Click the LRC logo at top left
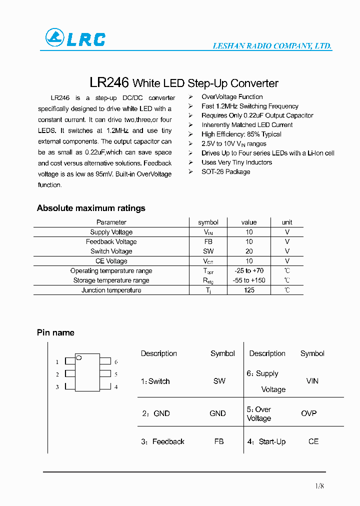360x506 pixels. [75, 38]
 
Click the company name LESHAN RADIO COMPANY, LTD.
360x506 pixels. [272, 46]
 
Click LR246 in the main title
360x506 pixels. [109, 82]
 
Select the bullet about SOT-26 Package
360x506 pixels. [225, 171]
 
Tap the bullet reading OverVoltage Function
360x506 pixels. [232, 96]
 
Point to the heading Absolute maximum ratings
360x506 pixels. [91, 208]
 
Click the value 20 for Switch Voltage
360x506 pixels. [249, 251]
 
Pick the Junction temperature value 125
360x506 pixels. [249, 290]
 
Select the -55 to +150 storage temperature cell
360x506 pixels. [249, 280]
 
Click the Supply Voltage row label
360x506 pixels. [111, 232]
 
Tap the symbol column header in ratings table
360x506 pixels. [208, 222]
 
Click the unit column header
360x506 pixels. [287, 222]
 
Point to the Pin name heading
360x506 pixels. [55, 332]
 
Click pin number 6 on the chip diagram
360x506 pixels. [116, 361]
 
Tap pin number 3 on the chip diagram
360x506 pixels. [57, 387]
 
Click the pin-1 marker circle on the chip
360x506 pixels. [78, 357]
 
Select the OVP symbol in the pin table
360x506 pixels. [308, 413]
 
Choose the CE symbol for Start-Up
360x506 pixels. [313, 441]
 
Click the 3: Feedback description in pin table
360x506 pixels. [163, 441]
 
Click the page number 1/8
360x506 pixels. [320, 486]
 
